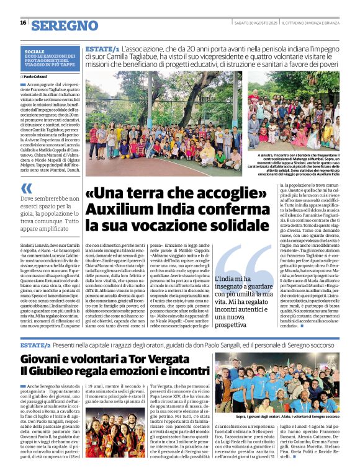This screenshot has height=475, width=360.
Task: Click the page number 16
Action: tap(23, 23)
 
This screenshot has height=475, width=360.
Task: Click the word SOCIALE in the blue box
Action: tap(35, 51)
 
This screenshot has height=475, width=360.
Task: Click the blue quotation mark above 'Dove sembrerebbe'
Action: tap(25, 188)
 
